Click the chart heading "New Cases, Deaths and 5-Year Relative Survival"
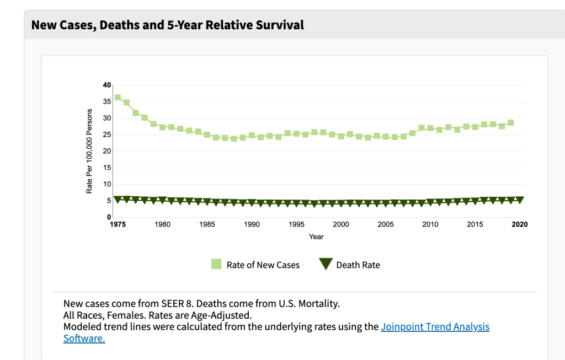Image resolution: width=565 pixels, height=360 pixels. (x=167, y=25)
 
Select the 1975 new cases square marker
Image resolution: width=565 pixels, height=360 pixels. (x=118, y=98)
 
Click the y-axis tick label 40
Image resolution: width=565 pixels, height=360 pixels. (x=106, y=85)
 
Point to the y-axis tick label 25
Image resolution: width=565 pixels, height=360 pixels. (x=106, y=135)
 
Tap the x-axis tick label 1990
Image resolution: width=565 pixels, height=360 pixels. (x=252, y=224)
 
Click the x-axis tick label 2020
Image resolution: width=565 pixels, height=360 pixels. (x=519, y=224)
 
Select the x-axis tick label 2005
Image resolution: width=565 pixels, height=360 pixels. (x=385, y=224)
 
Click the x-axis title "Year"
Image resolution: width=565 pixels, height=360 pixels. (x=316, y=237)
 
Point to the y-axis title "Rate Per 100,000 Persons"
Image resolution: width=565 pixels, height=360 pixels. (x=89, y=151)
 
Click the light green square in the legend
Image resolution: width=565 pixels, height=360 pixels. (x=216, y=265)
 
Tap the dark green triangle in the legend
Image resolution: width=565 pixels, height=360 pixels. (x=326, y=265)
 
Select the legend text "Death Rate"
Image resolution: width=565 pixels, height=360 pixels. (x=358, y=265)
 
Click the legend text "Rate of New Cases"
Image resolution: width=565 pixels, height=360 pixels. (x=263, y=265)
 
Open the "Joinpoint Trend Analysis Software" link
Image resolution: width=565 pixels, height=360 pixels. (x=435, y=327)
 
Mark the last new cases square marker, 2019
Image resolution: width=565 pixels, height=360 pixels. (x=510, y=122)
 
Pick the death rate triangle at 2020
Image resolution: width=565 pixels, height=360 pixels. (x=519, y=200)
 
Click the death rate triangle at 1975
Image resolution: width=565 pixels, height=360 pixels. (x=118, y=199)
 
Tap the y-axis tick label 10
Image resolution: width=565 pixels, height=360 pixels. (x=106, y=184)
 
